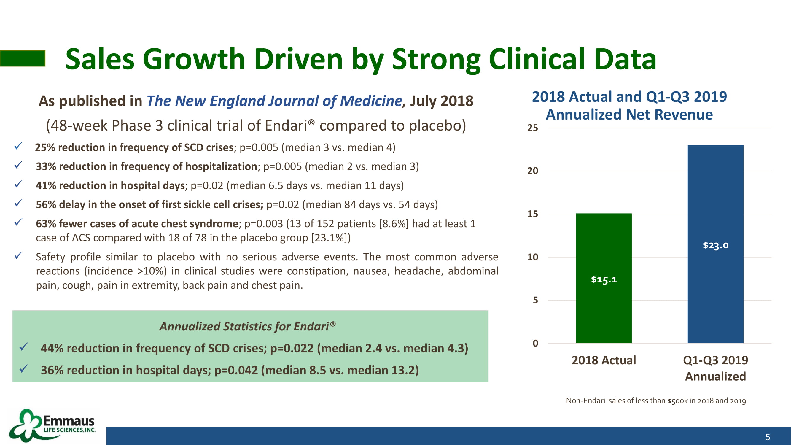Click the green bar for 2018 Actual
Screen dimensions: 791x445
[x=604, y=278]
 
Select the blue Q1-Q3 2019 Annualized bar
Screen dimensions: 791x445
[x=715, y=244]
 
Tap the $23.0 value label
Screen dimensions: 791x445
[x=715, y=245]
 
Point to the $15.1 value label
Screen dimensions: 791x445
[x=604, y=279]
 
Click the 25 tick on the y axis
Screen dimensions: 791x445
[x=533, y=128]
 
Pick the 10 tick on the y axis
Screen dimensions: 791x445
[x=533, y=257]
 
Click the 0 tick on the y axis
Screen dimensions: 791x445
[x=535, y=343]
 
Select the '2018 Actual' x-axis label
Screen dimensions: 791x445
[x=604, y=360]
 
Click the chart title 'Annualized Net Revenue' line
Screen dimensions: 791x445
[x=629, y=115]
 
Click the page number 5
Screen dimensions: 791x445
[x=768, y=437]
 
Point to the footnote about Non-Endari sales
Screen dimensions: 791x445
[x=656, y=401]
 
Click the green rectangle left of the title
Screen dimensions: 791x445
[x=23, y=58]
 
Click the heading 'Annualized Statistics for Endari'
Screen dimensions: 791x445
[x=247, y=326]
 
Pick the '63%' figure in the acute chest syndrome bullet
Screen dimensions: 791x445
[x=46, y=224]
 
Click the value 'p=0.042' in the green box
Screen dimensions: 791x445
[x=236, y=370]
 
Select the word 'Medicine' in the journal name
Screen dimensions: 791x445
[x=371, y=101]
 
